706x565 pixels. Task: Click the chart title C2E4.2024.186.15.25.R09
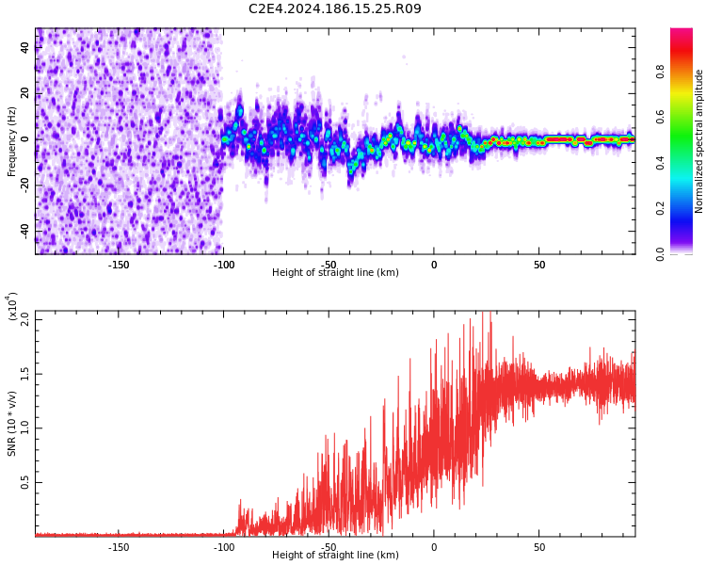point(335,9)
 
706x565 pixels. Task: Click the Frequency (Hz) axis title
point(12,141)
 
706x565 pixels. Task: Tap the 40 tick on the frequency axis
point(26,47)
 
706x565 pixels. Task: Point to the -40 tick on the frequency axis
point(24,231)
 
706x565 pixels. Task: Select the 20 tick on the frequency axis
point(26,93)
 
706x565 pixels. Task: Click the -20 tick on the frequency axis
point(24,185)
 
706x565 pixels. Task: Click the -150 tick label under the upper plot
point(119,265)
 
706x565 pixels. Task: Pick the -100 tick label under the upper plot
point(224,265)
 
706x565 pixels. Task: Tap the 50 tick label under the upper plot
point(539,265)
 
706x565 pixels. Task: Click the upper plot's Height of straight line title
point(335,273)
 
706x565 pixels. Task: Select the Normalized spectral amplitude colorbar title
point(699,141)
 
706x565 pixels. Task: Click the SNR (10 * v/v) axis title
point(12,424)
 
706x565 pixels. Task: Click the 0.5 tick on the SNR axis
point(24,482)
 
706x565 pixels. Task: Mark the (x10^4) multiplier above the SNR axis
point(12,306)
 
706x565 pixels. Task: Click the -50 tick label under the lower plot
point(329,547)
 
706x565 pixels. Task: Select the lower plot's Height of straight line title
point(335,556)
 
